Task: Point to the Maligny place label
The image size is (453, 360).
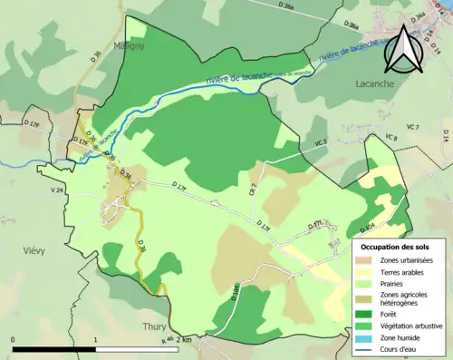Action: coord(130,44)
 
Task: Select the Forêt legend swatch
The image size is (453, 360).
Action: coord(369,315)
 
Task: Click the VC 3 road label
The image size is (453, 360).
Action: coord(321,143)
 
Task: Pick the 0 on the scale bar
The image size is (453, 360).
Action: coord(14,341)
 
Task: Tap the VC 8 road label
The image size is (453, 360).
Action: coord(391,137)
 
